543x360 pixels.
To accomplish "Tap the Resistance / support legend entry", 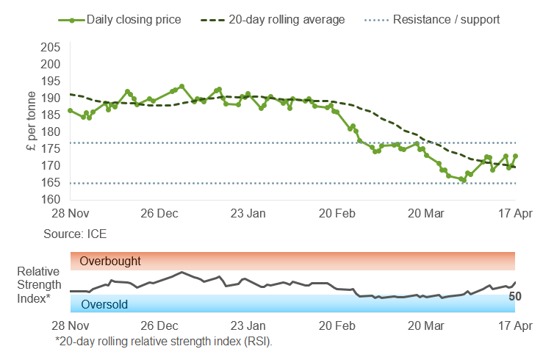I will coord(446,19).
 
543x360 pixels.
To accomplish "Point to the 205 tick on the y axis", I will coord(51,47).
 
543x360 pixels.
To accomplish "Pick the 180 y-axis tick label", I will coord(51,132).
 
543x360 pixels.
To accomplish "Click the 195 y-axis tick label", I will coord(51,81).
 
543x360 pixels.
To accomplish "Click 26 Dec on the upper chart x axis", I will coord(159,214).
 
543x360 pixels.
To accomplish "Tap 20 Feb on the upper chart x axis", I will coord(337,214).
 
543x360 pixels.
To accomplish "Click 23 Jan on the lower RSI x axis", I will coord(248,325).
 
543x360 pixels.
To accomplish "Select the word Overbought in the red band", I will coord(110,261).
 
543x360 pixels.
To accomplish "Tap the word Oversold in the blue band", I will coord(104,304).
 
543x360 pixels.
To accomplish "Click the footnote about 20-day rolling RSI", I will coord(164,342).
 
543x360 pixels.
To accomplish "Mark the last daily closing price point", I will coord(516,156).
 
